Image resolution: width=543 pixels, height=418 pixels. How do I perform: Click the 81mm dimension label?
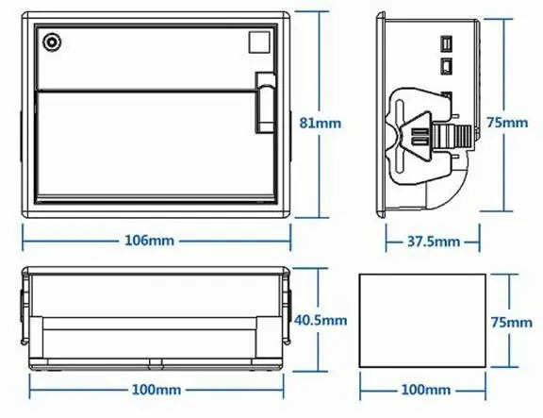(320, 123)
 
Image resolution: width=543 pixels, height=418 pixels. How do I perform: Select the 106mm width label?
(149, 241)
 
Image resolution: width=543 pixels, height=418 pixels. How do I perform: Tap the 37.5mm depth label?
(434, 242)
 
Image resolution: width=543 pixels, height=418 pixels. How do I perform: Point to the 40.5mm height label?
(321, 320)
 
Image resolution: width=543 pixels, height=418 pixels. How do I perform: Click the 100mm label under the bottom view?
(156, 390)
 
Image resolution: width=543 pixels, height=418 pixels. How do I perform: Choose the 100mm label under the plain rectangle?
(425, 390)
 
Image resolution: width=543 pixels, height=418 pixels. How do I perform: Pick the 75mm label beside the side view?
(507, 123)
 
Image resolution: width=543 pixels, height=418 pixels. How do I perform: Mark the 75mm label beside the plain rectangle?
(512, 323)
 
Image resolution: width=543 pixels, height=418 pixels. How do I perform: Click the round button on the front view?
(52, 42)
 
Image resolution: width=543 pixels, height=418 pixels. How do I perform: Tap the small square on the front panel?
(259, 42)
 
